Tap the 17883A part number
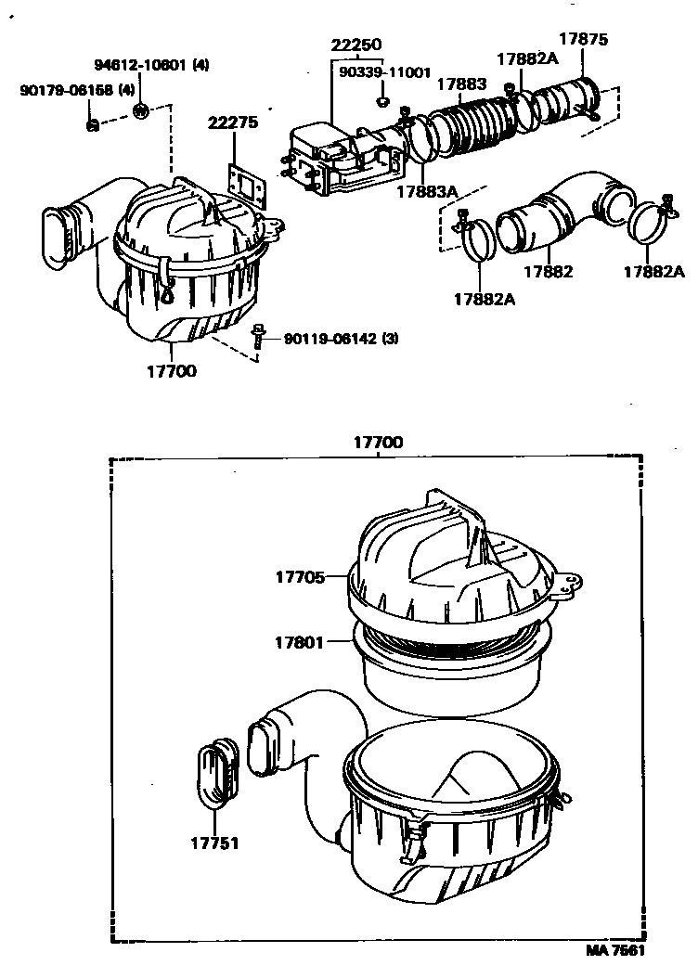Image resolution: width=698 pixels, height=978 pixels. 427,192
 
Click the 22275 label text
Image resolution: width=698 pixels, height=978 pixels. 234,122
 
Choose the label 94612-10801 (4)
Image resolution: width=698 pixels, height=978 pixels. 151,65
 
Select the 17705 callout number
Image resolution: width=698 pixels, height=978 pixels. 300,576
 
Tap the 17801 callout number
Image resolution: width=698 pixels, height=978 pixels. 300,642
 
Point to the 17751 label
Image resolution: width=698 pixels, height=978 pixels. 214,843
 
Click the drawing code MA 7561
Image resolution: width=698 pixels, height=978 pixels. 614,950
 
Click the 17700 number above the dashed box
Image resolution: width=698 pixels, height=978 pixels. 378,443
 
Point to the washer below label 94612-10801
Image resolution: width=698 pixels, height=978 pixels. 141,112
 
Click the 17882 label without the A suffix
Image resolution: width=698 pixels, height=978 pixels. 548,272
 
